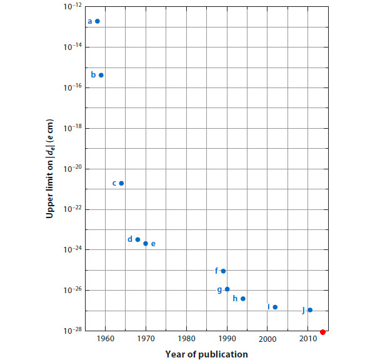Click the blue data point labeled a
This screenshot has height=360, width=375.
97,21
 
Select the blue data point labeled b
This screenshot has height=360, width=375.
101,75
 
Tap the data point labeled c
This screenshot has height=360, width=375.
121,183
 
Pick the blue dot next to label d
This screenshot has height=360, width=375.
137,239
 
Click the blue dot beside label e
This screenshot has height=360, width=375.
146,243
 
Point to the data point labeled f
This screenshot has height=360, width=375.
223,271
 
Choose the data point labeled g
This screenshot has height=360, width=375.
227,289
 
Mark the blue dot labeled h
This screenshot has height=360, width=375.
243,299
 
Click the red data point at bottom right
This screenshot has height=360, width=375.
322,331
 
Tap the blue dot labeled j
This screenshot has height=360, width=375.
310,310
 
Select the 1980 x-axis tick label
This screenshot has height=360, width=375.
186,339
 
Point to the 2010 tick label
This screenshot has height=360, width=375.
308,339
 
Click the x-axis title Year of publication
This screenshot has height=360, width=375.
206,354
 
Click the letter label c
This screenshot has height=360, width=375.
114,183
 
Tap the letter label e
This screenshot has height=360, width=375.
153,244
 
